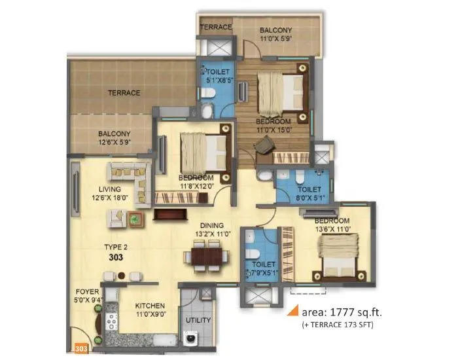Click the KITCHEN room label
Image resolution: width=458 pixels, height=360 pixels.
point(150,306)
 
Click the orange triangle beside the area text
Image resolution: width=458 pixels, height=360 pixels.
point(294,310)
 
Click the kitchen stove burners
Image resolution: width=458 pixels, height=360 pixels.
point(111,322)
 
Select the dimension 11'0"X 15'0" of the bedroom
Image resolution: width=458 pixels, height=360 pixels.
point(273,129)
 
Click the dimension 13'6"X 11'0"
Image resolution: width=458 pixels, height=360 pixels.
point(331,229)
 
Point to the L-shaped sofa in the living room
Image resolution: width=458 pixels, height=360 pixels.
point(128,174)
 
